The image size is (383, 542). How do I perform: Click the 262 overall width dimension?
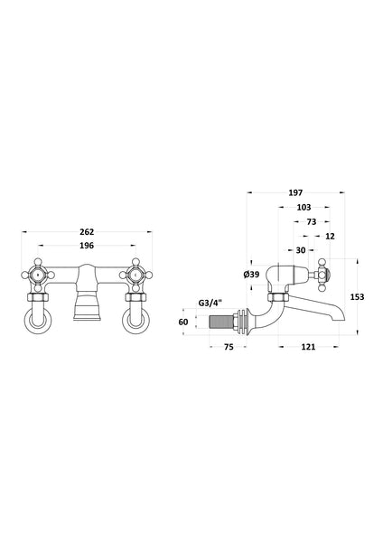click(87, 232)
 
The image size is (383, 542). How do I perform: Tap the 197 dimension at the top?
click(294, 192)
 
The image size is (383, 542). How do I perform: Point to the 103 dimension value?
click(304, 207)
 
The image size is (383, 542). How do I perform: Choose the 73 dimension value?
click(311, 221)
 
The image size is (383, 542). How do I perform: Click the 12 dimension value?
click(329, 236)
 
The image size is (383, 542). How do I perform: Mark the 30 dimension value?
click(300, 250)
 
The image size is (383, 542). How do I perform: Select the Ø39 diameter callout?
click(251, 275)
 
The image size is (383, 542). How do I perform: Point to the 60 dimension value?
click(183, 322)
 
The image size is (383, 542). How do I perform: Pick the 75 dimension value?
click(229, 345)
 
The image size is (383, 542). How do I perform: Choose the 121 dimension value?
click(308, 345)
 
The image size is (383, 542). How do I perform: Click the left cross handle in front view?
click(38, 274)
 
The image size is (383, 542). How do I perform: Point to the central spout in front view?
click(88, 298)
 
